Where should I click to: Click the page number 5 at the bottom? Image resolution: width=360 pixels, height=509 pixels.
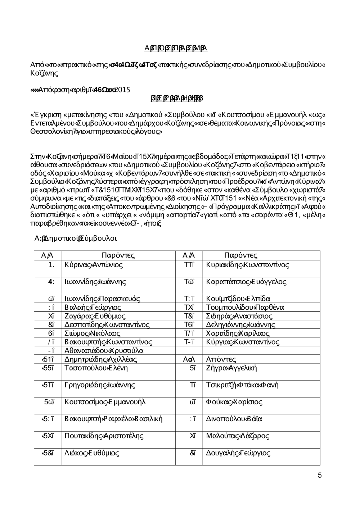point(320,476)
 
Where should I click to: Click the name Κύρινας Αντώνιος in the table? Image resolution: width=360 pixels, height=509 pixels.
point(94,265)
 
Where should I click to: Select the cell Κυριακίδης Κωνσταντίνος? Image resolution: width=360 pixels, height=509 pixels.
point(248,265)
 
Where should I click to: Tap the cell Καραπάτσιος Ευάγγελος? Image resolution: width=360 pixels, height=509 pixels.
point(246,282)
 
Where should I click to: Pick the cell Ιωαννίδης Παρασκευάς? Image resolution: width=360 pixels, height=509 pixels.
point(102,299)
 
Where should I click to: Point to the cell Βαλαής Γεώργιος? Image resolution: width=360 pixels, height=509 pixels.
point(93,307)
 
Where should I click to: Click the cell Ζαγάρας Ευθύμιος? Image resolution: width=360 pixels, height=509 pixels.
point(95,316)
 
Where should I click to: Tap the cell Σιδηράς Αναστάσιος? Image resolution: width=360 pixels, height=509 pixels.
point(239,316)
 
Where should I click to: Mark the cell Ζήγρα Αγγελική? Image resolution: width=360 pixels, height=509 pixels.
point(231,368)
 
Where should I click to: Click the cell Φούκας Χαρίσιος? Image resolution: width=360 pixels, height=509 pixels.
point(234,402)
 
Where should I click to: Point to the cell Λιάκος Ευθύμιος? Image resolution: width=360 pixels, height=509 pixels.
point(91,453)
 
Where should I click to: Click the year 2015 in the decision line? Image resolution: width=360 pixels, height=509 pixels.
point(123,90)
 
